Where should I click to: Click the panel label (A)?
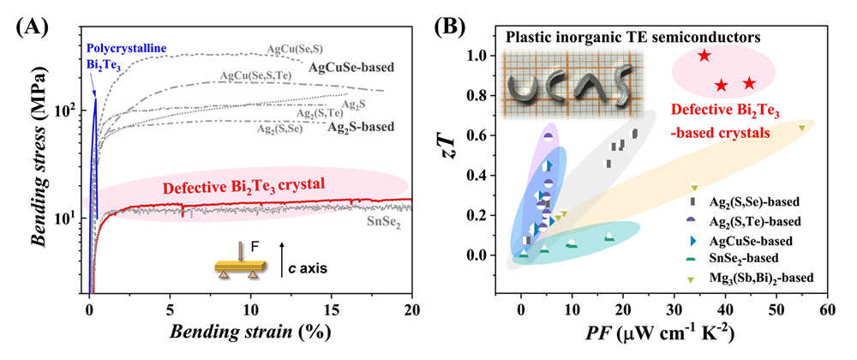33,25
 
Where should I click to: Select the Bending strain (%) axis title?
250,333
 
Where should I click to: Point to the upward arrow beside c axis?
284,255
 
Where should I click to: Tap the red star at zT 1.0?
704,56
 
